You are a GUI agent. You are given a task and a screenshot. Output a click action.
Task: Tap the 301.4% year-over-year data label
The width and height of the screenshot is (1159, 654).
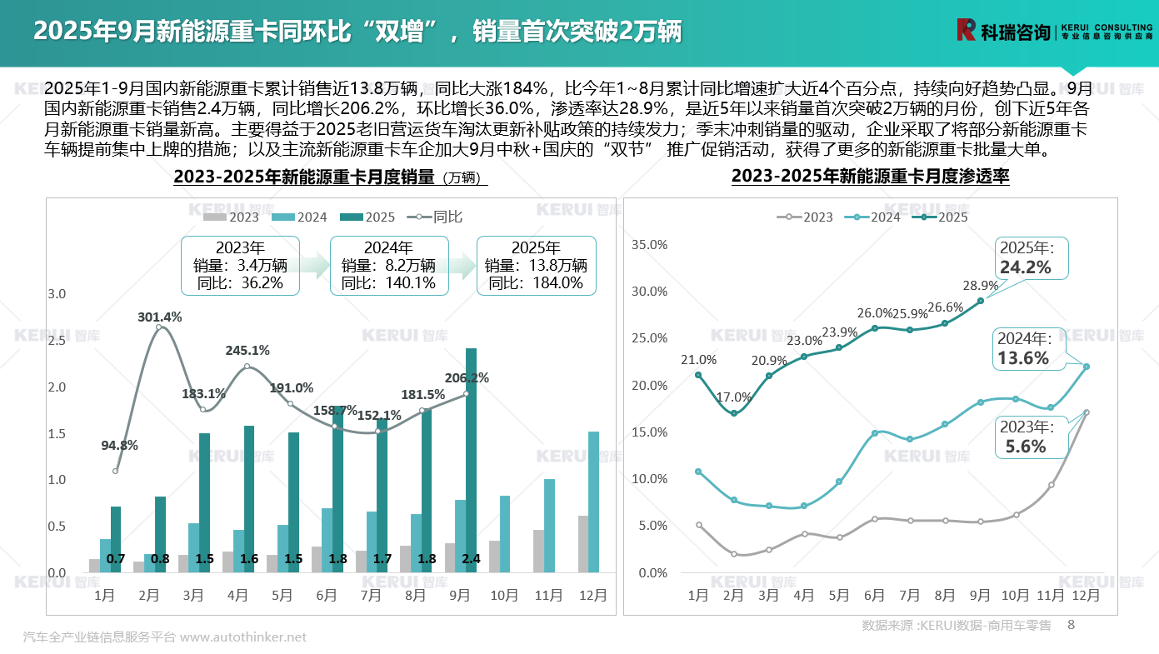point(160,317)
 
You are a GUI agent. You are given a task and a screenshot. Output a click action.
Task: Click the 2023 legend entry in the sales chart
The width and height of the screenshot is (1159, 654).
point(232,217)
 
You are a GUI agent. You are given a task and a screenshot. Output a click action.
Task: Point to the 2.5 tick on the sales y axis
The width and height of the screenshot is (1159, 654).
point(57,341)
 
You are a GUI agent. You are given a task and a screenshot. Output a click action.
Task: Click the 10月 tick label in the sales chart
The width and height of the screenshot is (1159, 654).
point(503,596)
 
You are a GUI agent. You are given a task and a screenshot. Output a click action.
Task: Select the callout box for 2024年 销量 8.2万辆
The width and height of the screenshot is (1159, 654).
point(389,265)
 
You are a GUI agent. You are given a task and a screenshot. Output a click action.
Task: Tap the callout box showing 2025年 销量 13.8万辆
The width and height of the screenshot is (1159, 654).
point(536,265)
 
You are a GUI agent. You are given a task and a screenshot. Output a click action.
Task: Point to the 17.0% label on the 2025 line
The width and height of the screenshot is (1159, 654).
point(734,397)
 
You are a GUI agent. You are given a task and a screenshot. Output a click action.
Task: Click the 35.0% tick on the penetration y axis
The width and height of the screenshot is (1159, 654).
point(651,245)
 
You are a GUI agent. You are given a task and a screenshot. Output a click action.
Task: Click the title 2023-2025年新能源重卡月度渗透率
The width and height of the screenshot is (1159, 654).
point(870,177)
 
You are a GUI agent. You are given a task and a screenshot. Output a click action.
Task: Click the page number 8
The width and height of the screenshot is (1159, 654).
point(1072,624)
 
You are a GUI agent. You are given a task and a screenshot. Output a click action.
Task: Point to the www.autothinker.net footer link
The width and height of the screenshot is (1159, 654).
point(243,637)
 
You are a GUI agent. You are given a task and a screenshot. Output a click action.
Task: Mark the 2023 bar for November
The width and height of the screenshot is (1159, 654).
point(538,551)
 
